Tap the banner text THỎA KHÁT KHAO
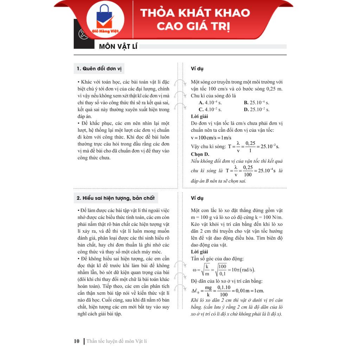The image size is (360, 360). coord(195,13)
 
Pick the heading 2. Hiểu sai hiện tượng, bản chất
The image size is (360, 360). coord(115,198)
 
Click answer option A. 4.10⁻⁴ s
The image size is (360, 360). coord(210,103)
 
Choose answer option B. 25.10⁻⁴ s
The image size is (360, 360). coord(256,103)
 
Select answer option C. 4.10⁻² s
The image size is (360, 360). coord(210,109)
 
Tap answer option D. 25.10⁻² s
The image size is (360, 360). coord(257,109)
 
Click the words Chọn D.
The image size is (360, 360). coord(200,154)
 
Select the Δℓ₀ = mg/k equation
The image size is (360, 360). coord(227,291)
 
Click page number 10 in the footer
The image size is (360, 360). coord(77,341)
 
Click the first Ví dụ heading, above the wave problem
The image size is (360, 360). coord(197,69)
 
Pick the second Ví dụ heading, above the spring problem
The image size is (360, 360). coord(197,198)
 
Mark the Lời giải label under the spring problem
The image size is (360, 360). coord(199,252)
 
